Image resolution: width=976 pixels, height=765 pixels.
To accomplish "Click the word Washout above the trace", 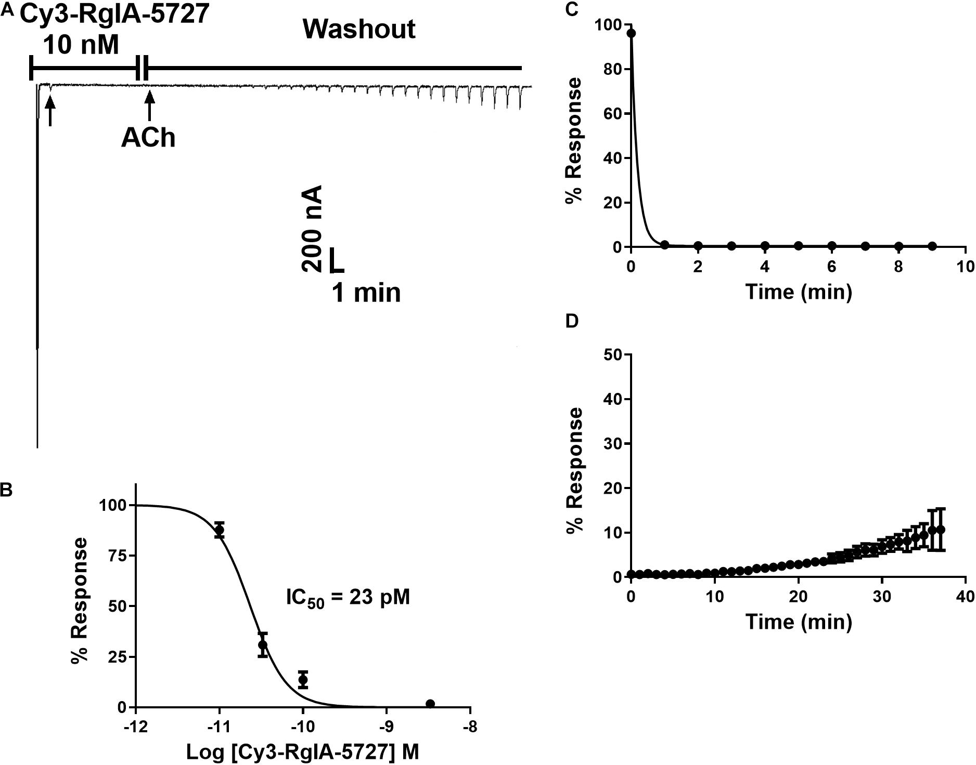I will [x=359, y=29].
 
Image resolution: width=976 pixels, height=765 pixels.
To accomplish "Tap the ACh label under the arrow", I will [x=148, y=138].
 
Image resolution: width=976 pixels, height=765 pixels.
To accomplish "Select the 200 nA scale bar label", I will [x=312, y=229].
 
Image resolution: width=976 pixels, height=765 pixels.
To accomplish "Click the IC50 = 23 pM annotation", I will [x=348, y=598].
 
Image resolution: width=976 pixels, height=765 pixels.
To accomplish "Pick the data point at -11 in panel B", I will [x=220, y=530].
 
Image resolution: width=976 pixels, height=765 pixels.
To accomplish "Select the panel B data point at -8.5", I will [x=430, y=704].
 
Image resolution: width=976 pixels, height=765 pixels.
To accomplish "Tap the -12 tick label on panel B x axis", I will [x=135, y=726].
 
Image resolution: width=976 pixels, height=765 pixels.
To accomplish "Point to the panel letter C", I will [x=572, y=9].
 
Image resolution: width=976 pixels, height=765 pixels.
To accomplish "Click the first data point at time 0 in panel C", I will [x=632, y=33].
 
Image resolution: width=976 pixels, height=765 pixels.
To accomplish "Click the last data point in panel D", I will [x=940, y=530].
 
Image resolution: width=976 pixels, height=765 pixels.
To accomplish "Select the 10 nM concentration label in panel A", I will [x=81, y=46].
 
